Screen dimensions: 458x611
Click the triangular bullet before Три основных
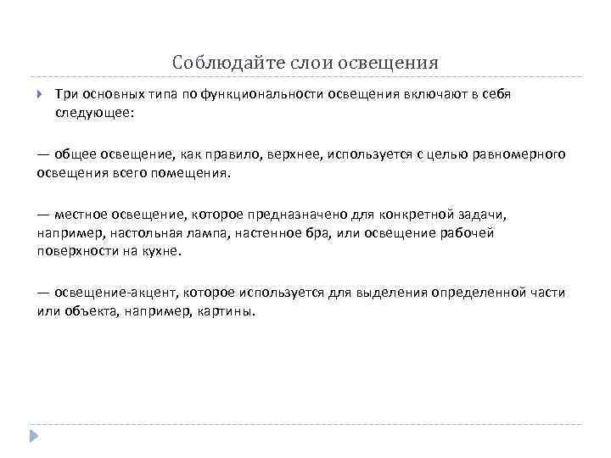click(x=39, y=96)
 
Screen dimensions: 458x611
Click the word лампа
click(x=209, y=232)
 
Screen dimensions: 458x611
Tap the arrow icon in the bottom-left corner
click(x=34, y=436)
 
